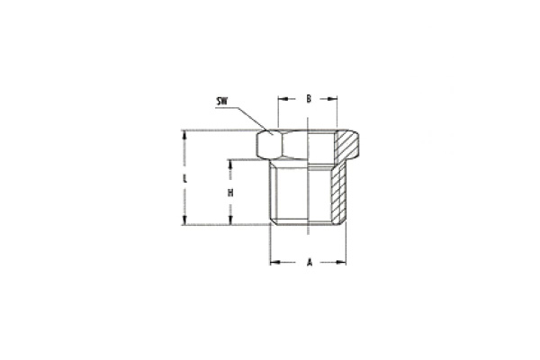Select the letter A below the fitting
coord(310,263)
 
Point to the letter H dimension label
coord(230,193)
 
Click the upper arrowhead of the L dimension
coord(184,134)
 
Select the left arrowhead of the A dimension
coord(275,263)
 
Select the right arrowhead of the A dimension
coord(343,263)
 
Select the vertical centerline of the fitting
coord(309,180)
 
